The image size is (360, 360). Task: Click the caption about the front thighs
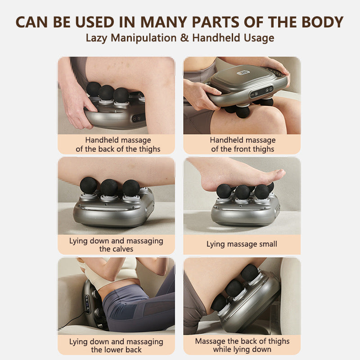coord(243,144)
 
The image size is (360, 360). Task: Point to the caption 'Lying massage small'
coord(242,244)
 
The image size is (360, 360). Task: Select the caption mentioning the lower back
coord(116,346)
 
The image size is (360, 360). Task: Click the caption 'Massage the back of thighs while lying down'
coord(242,346)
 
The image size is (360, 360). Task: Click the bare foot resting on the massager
coord(234,173)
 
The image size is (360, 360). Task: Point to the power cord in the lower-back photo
coord(74,319)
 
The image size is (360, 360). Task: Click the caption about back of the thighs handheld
coord(118,144)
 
